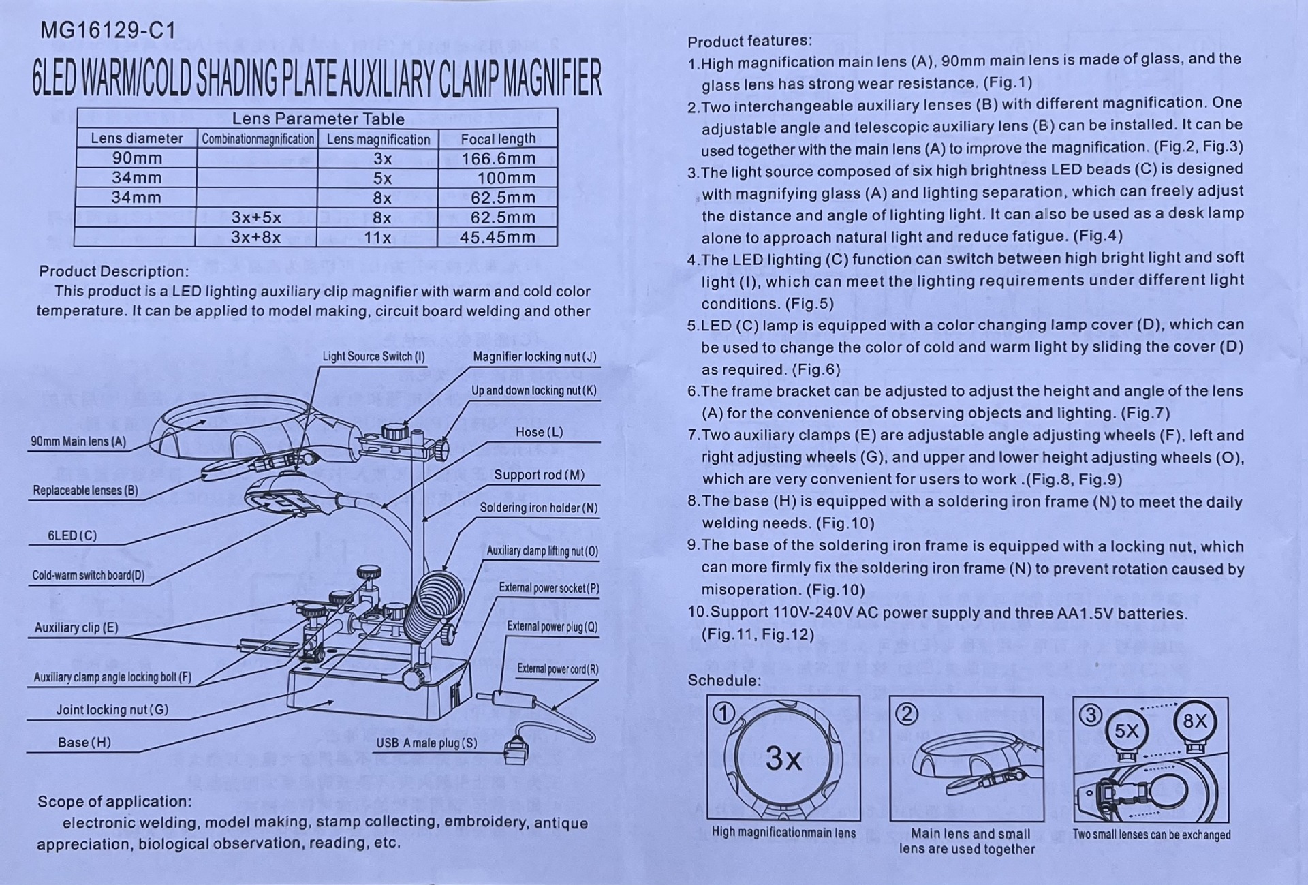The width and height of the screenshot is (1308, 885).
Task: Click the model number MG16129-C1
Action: point(108,31)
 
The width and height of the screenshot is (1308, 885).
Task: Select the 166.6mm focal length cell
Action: point(498,159)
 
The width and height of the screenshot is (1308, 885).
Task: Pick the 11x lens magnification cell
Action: point(377,238)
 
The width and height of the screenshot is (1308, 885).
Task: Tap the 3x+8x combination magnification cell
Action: point(255,238)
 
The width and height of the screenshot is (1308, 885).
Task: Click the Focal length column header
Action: point(498,139)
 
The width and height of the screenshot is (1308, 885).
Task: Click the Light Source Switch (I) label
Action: point(373,356)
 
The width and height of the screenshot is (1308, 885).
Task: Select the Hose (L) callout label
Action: point(539,432)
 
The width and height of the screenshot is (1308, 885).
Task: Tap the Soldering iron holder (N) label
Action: point(538,508)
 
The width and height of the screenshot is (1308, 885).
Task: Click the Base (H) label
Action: point(84,743)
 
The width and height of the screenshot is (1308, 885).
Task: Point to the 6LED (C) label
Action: point(72,535)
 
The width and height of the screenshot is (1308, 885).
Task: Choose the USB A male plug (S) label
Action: point(426,743)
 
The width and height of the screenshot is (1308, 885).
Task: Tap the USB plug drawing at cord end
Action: point(516,751)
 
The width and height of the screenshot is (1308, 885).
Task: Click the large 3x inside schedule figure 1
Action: point(783,758)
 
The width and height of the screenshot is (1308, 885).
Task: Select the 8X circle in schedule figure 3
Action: point(1195,722)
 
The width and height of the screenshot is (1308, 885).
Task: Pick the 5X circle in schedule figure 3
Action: point(1126,731)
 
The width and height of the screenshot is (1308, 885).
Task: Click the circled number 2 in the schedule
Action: point(907,714)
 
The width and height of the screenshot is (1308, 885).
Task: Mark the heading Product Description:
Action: point(114,271)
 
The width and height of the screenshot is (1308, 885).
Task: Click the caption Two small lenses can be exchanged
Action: point(1151,835)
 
